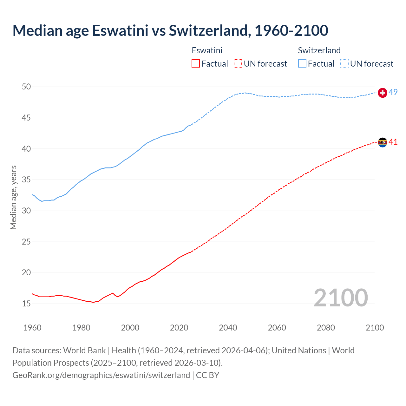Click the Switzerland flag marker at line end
coord(383,93)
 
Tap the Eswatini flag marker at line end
coord(383,142)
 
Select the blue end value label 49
coord(393,92)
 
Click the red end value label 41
coord(393,142)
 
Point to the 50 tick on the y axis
coord(26,87)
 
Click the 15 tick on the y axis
coord(26,304)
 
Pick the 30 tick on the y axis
coord(26,211)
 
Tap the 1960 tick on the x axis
coord(32,328)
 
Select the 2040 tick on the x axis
coord(228,328)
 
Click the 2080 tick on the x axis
coord(326,328)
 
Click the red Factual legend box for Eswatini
coord(196,64)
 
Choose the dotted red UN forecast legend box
coord(238,64)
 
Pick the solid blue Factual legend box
coord(302,64)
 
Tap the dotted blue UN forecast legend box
coord(344,64)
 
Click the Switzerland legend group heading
coord(319,50)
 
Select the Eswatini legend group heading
coord(207,50)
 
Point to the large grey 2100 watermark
coord(341,298)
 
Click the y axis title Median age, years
coord(13,197)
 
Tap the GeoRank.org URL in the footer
coord(101,375)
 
